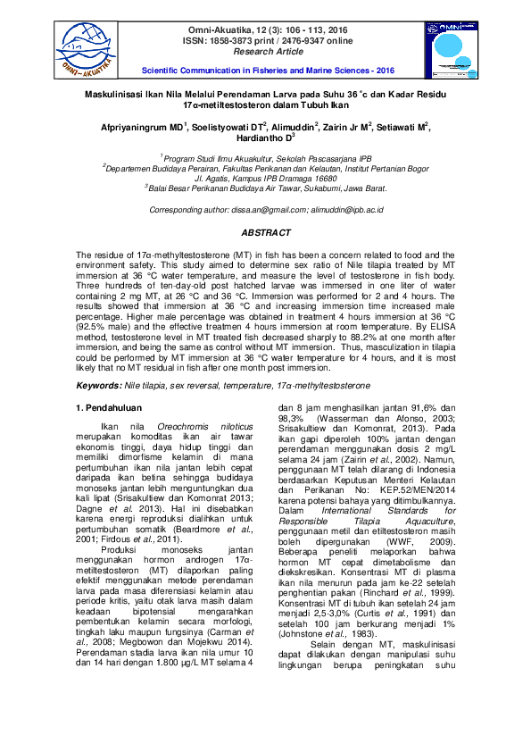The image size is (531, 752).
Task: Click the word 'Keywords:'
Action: [x=96, y=385]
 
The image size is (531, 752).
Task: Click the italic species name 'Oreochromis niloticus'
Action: [x=189, y=429]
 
